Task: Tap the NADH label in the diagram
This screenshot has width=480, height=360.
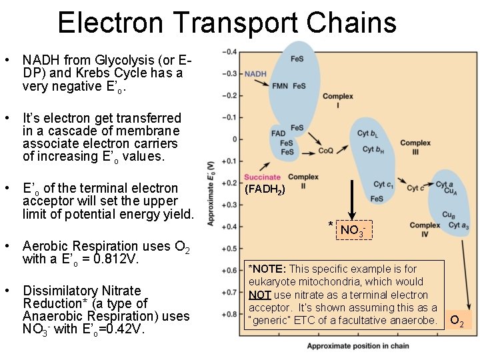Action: (x=255, y=74)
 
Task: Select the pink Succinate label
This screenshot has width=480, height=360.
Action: (x=262, y=178)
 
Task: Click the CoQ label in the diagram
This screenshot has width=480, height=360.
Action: (x=325, y=151)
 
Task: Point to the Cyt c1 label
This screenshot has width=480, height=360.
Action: (x=383, y=185)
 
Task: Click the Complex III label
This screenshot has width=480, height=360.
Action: (x=415, y=147)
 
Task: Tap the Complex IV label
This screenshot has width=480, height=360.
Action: (x=425, y=230)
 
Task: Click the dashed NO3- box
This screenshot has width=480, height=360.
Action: (x=353, y=231)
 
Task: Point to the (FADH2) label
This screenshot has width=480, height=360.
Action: (x=265, y=189)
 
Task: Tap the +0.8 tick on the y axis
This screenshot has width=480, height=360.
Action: (x=229, y=313)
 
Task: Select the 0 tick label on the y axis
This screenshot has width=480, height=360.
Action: (x=233, y=139)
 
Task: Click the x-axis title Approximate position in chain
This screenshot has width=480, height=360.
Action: (x=358, y=346)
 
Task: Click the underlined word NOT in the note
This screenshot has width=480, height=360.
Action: (x=259, y=295)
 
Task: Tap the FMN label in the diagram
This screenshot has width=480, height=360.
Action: (x=280, y=86)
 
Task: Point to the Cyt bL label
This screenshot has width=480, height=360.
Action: (x=367, y=134)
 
